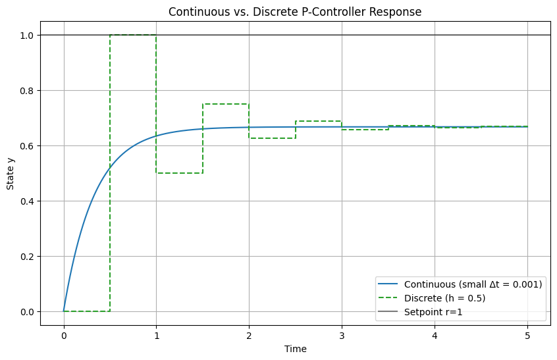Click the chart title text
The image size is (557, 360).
coord(295,12)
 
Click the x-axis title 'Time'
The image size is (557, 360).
coord(295,348)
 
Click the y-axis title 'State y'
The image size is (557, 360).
coord(11,173)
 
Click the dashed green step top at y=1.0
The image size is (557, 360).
coord(133,35)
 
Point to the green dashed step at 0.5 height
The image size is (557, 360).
coord(179,173)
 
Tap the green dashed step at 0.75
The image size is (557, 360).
coord(226,104)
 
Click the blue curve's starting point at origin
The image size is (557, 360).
coord(64,311)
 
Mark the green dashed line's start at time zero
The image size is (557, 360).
coord(65,311)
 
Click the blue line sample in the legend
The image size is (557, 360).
coord(387,284)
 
